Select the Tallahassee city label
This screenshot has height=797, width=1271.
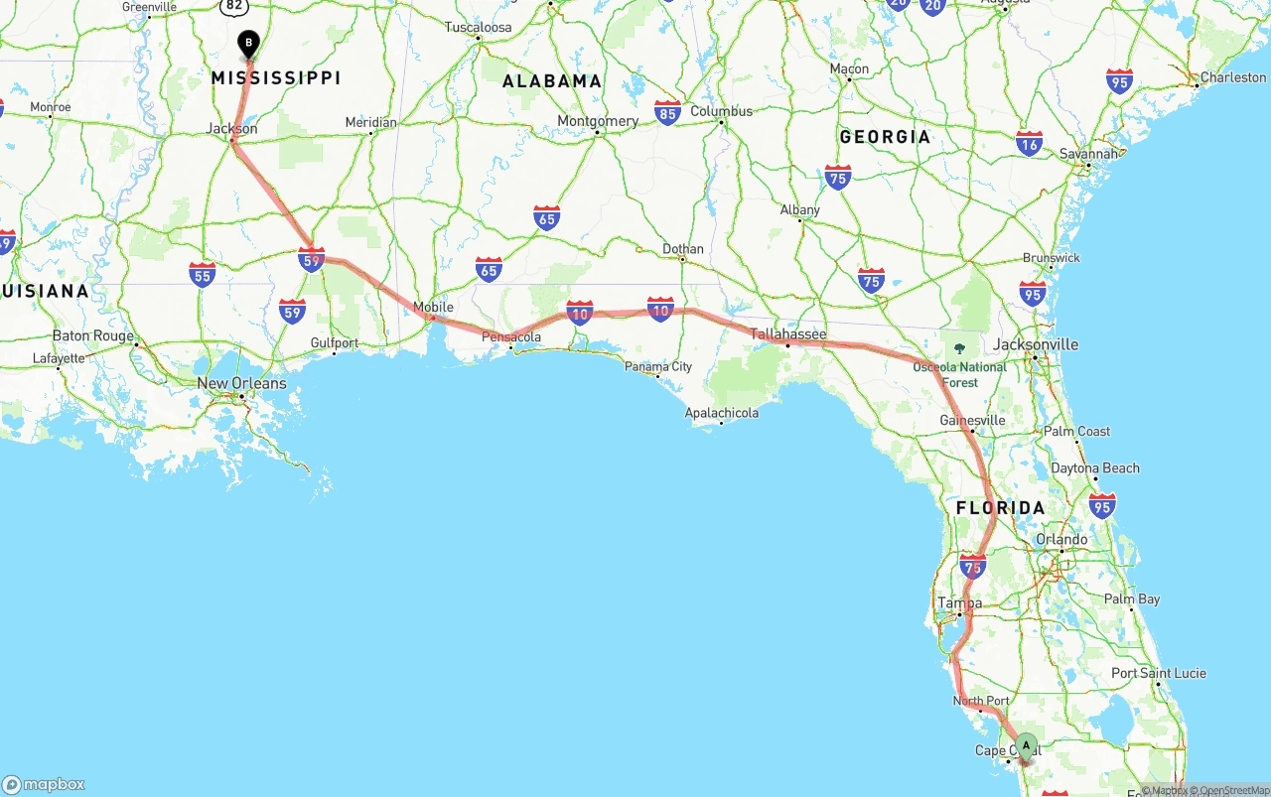[x=787, y=334]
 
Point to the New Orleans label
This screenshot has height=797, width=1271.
[x=241, y=383]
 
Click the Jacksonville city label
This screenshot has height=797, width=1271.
[x=1036, y=344]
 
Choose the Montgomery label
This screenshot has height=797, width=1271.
[x=598, y=121]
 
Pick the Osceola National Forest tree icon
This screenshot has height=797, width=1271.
[x=959, y=347]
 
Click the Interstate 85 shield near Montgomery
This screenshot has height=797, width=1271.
[x=667, y=112]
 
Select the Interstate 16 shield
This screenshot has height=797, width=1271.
[x=1030, y=143]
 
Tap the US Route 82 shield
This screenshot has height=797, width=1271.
[x=233, y=6]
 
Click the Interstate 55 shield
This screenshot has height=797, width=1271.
[x=203, y=275]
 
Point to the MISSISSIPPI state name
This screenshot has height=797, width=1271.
[x=275, y=77]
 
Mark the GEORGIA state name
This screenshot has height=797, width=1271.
[x=885, y=137]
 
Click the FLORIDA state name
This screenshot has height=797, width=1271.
[x=1000, y=508]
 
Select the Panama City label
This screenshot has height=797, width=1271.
[x=658, y=367]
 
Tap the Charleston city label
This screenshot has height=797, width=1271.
[x=1232, y=77]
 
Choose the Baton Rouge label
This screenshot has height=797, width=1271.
[x=92, y=335]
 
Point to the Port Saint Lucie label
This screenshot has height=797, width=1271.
[x=1159, y=673]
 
